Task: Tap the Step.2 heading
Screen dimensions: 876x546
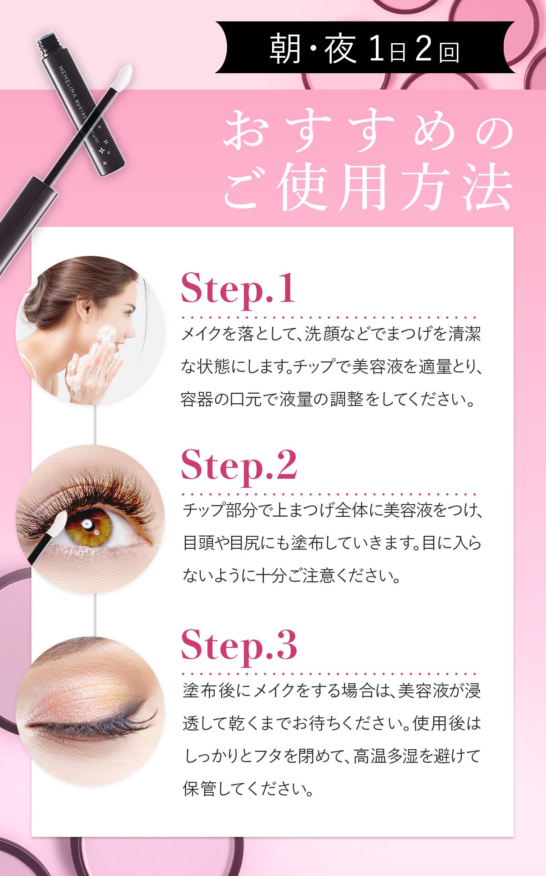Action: click(x=239, y=464)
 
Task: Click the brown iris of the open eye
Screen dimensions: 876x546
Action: click(x=89, y=527)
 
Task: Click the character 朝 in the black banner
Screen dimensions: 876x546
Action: click(x=286, y=49)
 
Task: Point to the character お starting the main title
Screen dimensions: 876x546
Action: click(x=246, y=132)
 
